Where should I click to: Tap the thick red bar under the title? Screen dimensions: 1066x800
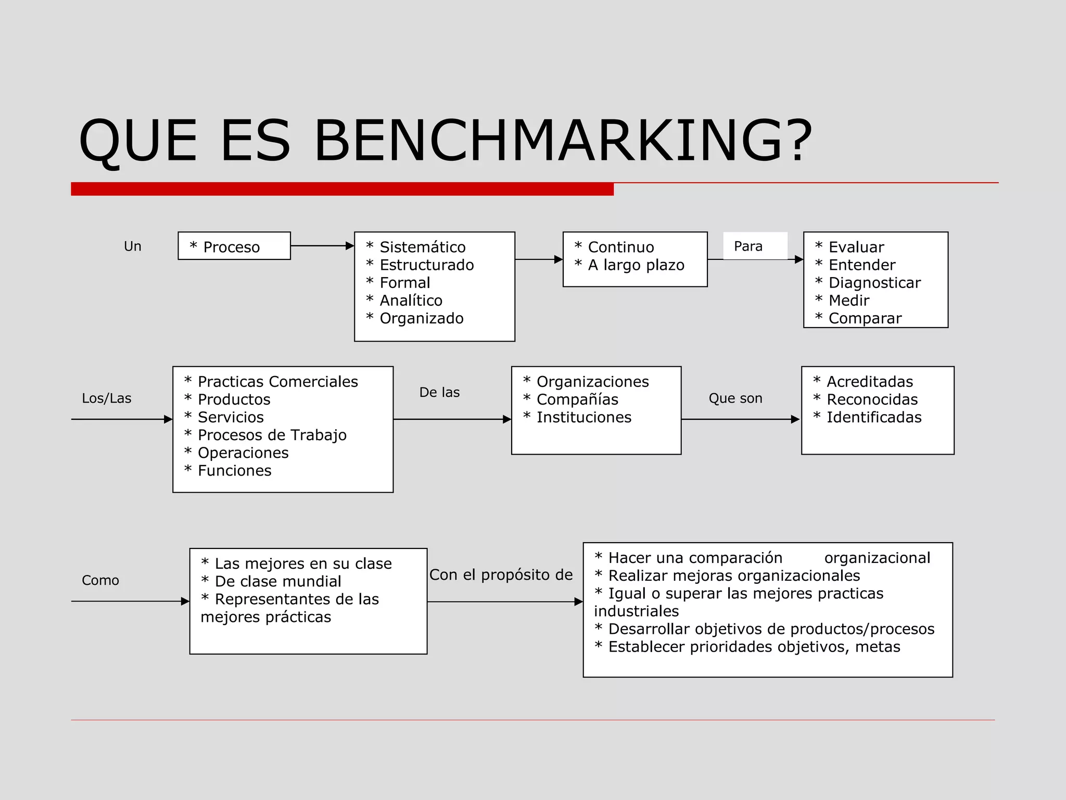[x=342, y=189]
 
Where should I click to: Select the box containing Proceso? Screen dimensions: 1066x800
[x=234, y=246]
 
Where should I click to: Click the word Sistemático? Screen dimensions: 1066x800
[x=422, y=247]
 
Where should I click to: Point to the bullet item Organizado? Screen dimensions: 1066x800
[x=421, y=318]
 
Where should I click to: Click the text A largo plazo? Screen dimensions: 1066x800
[x=636, y=265]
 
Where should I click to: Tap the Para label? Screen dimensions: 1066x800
[x=748, y=246]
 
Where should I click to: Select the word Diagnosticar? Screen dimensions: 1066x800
[x=874, y=283]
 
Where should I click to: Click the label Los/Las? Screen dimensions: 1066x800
[x=107, y=398]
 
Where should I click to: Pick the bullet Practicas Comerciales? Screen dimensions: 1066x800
[x=277, y=382]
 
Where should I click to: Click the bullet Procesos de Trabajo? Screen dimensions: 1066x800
[x=272, y=435]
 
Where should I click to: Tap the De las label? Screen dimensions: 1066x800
[x=439, y=392]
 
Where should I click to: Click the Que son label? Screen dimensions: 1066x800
[x=735, y=398]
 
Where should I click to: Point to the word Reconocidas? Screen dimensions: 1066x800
[x=872, y=399]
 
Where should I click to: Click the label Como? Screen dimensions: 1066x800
[x=100, y=580]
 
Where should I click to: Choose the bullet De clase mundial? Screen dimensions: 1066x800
[x=277, y=581]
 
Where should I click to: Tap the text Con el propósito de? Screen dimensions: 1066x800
[x=501, y=575]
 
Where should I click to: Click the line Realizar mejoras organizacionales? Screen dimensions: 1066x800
[x=734, y=576]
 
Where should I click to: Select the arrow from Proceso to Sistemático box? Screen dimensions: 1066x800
[x=322, y=246]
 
